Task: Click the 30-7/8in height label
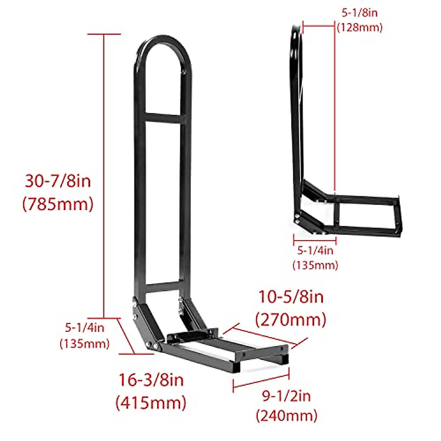pos(58,181)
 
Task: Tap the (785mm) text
pos(58,204)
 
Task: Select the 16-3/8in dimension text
pos(151,380)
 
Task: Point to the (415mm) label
pos(151,403)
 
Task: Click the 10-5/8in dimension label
pos(291,297)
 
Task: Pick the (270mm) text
pos(291,320)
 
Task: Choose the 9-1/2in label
pos(286,396)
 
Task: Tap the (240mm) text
pos(287,416)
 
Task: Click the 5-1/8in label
pos(359,13)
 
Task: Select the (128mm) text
pos(360,28)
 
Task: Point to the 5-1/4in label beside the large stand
pos(85,327)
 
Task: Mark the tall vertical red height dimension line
pos(104,176)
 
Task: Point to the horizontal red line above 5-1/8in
pos(319,25)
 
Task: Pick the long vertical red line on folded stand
pos(334,110)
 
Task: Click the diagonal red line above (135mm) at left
pos(126,336)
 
